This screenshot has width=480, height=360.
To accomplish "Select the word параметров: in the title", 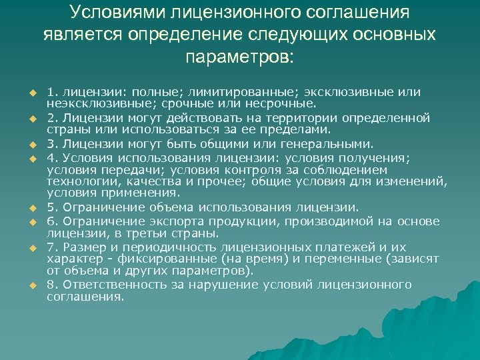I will (x=239, y=55).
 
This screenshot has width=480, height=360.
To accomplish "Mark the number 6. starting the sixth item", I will (x=52, y=220).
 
